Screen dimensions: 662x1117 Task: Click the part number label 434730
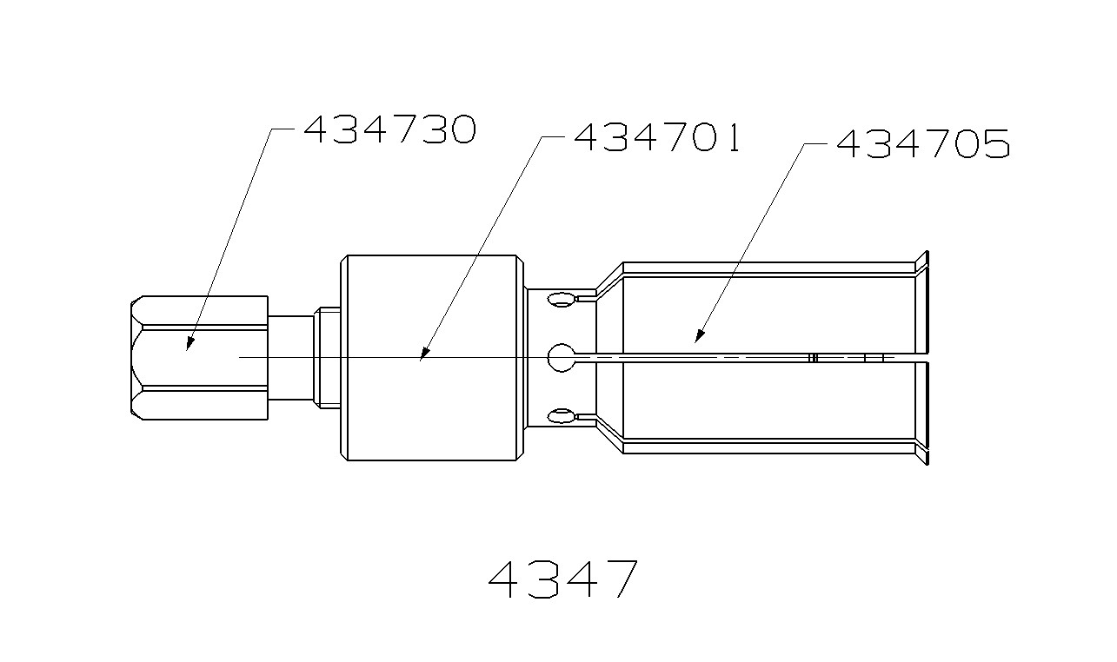[x=389, y=130]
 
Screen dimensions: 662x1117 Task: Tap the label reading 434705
[x=922, y=144]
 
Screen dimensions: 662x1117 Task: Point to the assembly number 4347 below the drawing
[x=562, y=579]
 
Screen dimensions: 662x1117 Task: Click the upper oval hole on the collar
[x=562, y=301]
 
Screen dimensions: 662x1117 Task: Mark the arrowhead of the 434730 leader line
[x=188, y=347]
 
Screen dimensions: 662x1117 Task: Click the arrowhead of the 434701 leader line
[x=422, y=355]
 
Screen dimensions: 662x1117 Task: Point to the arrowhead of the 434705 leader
[x=697, y=337]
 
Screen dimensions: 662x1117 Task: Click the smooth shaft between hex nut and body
[x=290, y=358]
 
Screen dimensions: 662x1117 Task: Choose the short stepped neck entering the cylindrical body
[x=327, y=358]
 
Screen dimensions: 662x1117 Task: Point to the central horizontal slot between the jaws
[x=739, y=357]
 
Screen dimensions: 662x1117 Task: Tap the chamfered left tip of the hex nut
[x=136, y=358]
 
